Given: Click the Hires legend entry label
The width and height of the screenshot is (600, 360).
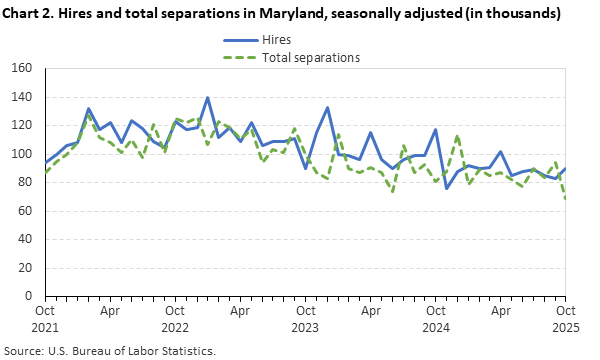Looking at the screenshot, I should pyautogui.click(x=277, y=41).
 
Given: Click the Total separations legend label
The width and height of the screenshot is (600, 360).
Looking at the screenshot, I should pyautogui.click(x=311, y=57).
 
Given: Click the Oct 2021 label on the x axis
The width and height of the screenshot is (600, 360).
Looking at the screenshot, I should pyautogui.click(x=45, y=319).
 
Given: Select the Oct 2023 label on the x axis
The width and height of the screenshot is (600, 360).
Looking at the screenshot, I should pyautogui.click(x=306, y=319).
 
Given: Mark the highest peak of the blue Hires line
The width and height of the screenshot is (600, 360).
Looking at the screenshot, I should pyautogui.click(x=207, y=98).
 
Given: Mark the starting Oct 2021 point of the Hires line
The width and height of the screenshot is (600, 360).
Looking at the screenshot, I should pyautogui.click(x=45, y=162).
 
